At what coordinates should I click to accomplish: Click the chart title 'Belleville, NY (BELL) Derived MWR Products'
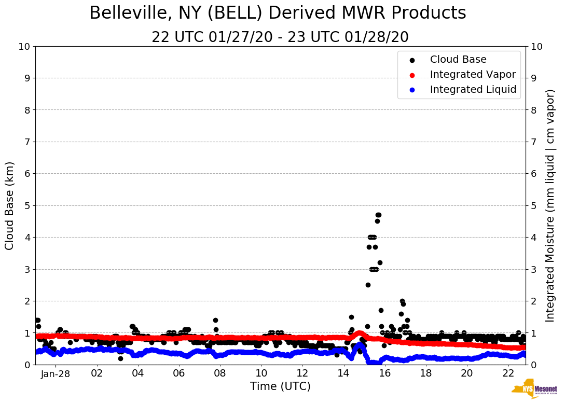[278, 13]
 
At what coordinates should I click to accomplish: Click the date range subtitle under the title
[280, 37]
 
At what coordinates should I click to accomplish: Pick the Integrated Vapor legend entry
[473, 75]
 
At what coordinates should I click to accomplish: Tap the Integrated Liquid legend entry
[473, 90]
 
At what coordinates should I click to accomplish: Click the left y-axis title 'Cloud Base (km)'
[10, 205]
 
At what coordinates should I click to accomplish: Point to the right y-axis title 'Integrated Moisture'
[550, 205]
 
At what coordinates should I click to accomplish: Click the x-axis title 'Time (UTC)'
[280, 386]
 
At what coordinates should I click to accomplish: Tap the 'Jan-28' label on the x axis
[55, 373]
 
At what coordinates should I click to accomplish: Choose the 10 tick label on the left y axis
[24, 47]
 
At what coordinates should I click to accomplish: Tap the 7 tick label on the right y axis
[533, 142]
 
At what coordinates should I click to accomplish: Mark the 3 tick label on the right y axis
[533, 269]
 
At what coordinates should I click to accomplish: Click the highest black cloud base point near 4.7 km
[378, 215]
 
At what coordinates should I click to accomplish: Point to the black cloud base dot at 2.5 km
[368, 285]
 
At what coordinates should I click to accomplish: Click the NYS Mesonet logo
[534, 390]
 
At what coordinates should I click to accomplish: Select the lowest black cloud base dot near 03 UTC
[120, 358]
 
